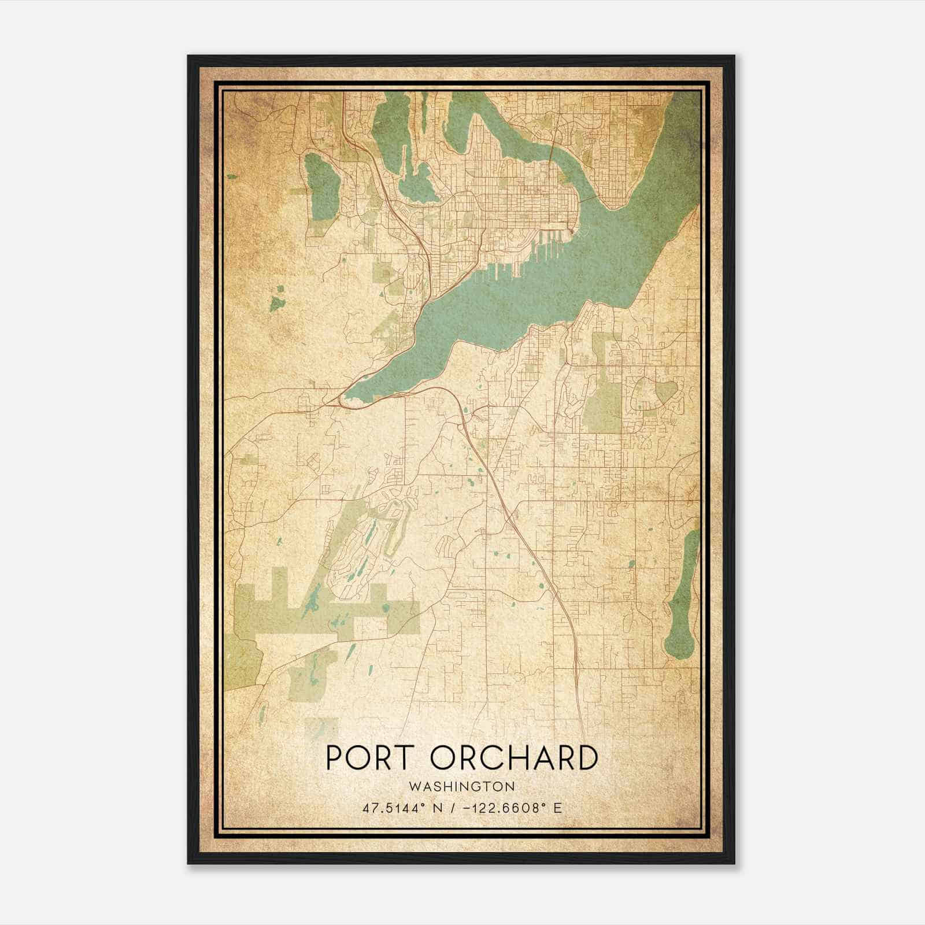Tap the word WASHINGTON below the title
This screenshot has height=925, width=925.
[x=461, y=787]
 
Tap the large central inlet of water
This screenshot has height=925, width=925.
[x=520, y=283]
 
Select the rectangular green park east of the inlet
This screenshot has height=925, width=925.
[x=601, y=399]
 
